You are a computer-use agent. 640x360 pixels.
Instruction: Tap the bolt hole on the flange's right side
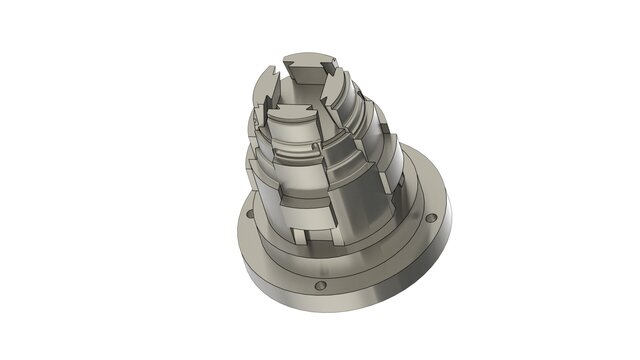pyautogui.click(x=430, y=217)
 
